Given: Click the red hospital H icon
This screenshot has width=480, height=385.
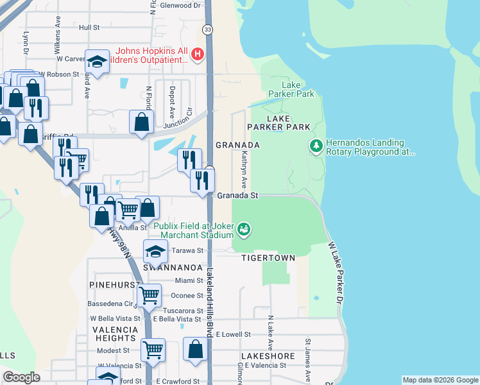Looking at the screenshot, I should [198, 55].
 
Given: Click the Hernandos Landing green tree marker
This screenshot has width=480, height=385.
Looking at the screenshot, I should [315, 147].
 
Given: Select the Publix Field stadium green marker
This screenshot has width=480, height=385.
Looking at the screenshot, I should [243, 228].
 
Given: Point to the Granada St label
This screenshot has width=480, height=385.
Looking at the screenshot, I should [237, 195].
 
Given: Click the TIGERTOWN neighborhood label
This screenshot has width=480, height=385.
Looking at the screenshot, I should [268, 258].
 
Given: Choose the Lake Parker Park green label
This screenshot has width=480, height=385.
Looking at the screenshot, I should [298, 89].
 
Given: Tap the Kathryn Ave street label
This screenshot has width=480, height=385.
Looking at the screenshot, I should [244, 166].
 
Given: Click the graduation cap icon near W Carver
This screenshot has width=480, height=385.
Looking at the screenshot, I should [96, 62].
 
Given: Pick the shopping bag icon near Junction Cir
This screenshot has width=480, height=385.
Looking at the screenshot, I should [141, 121].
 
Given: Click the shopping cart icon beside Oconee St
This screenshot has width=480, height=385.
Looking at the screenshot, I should [149, 295].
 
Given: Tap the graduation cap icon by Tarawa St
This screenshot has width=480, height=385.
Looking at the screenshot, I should [155, 251].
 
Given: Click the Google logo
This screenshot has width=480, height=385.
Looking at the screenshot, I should [21, 377].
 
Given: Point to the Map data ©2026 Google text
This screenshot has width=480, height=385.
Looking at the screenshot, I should [440, 380].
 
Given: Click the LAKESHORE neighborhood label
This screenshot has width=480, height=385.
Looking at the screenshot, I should [268, 355].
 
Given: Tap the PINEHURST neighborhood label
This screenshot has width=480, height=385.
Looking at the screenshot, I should [112, 282].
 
